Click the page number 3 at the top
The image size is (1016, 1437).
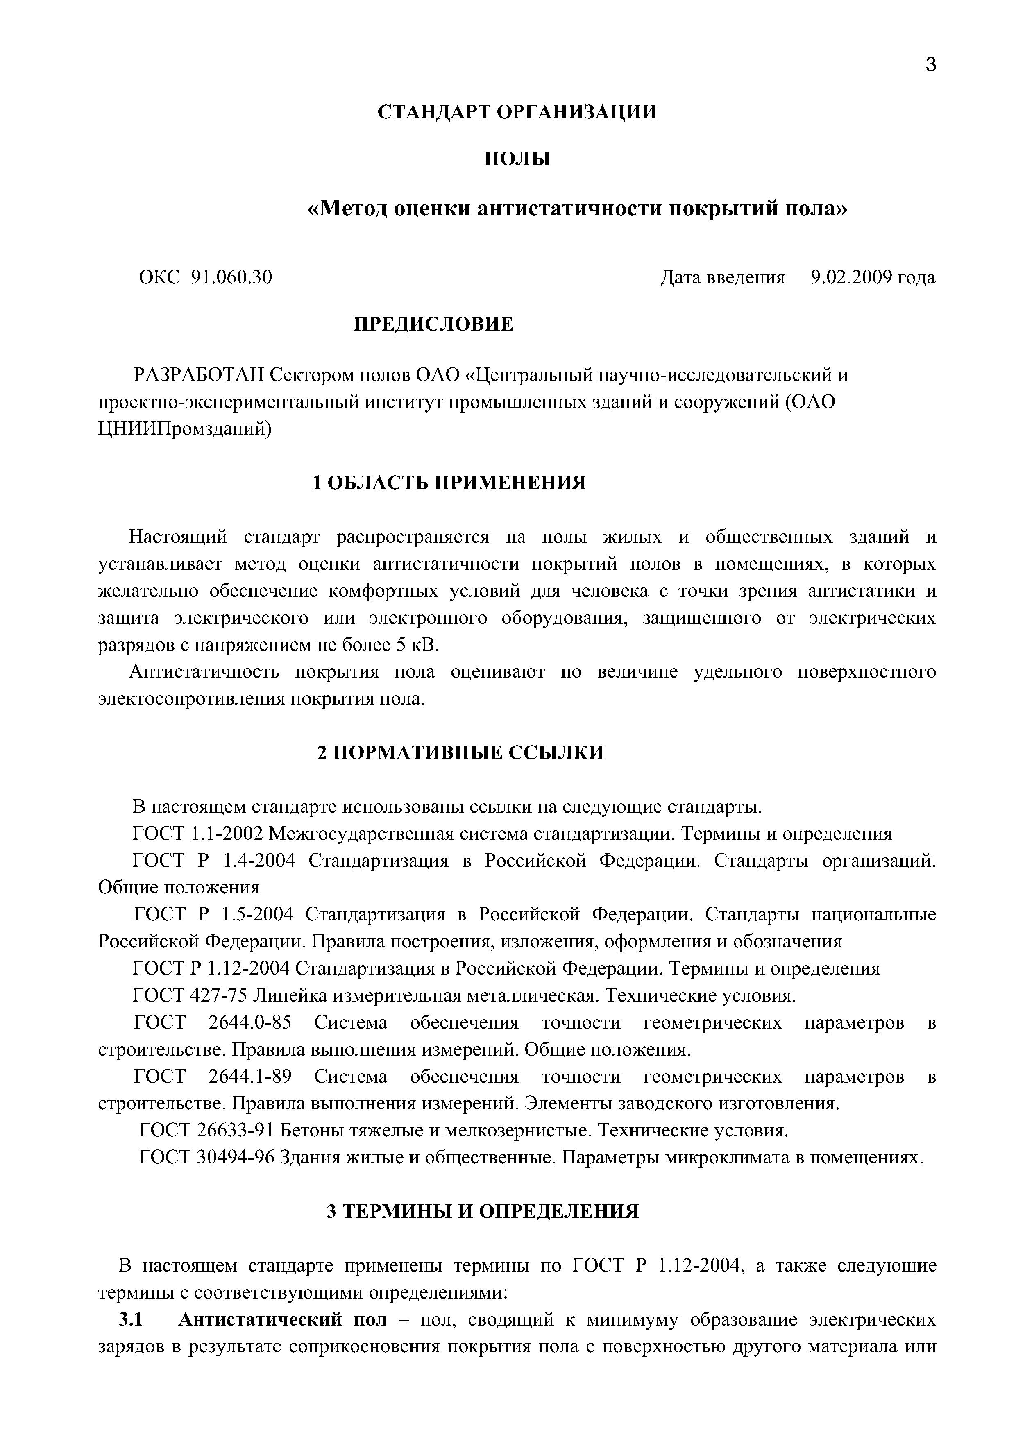[930, 64]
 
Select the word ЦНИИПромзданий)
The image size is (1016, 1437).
[185, 429]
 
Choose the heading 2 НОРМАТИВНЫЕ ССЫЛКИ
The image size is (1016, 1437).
[460, 752]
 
